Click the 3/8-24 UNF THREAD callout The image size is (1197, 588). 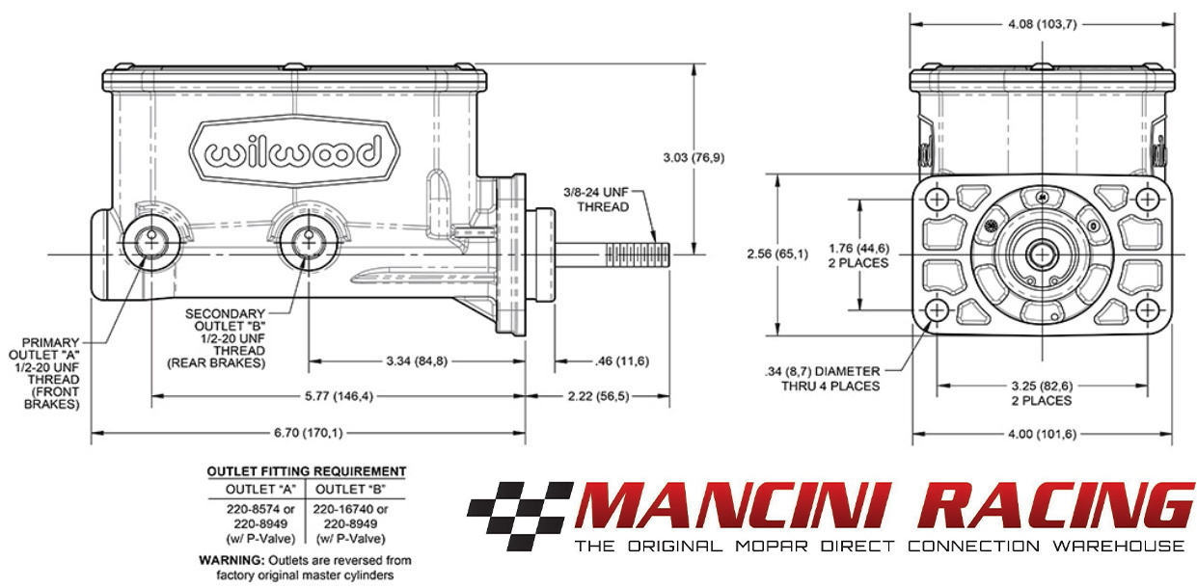pos(596,200)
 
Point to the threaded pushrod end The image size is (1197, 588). pos(638,254)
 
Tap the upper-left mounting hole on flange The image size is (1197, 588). pos(938,200)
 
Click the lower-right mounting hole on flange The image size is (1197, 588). pos(1147,311)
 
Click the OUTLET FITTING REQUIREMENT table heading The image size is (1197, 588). pos(307,471)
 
